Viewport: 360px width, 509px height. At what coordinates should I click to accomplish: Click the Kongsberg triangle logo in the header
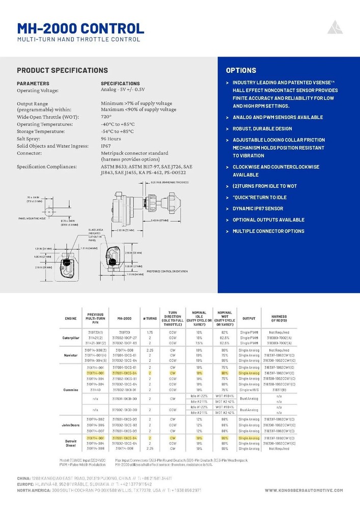click(x=335, y=27)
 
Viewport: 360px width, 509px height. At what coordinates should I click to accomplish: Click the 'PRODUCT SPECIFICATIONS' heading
click(x=62, y=70)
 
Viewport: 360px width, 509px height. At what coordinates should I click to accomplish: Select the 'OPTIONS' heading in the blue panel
click(x=241, y=70)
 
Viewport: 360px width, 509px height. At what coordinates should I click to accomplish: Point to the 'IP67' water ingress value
click(x=106, y=146)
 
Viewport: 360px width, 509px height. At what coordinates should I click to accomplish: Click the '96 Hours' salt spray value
click(x=111, y=138)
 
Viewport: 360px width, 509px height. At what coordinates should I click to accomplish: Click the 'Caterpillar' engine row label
click(x=71, y=337)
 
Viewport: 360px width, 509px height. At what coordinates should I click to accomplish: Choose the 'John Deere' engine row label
click(x=71, y=424)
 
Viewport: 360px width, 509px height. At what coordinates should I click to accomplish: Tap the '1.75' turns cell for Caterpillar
click(x=146, y=332)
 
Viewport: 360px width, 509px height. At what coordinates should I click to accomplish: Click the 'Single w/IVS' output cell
click(x=249, y=390)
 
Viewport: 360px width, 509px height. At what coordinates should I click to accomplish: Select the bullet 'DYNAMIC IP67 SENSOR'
click(x=265, y=209)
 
